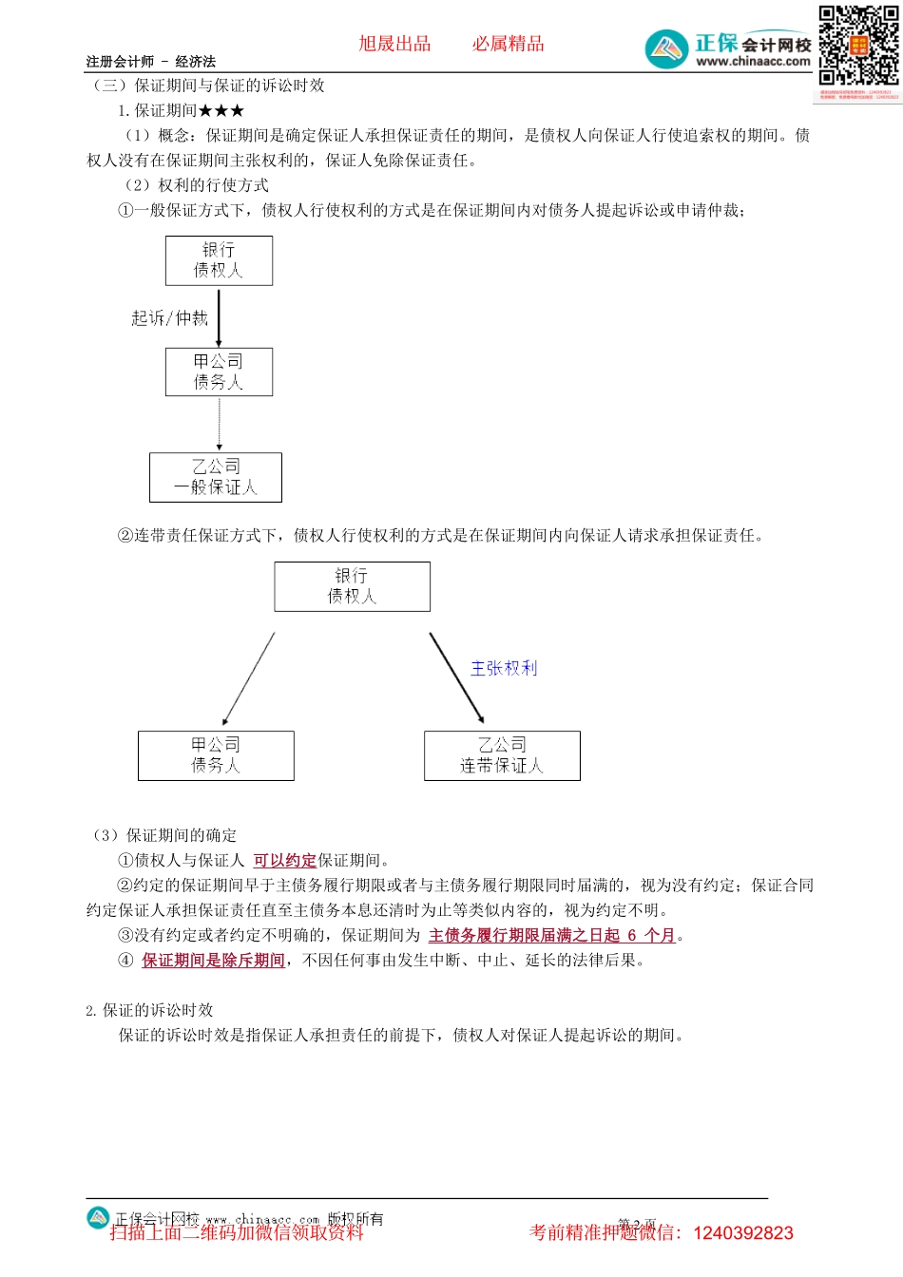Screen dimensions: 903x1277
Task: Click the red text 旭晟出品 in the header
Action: coord(394,44)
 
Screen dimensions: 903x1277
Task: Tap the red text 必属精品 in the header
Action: coord(508,44)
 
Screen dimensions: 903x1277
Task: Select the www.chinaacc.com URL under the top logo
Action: coord(753,62)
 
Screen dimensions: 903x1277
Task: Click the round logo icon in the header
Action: coord(666,48)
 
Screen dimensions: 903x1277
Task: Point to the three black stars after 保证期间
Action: coord(221,111)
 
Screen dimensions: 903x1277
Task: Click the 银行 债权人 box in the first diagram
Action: coord(219,260)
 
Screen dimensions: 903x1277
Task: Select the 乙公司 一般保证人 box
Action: coord(216,477)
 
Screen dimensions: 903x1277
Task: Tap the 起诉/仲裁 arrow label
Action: coord(169,318)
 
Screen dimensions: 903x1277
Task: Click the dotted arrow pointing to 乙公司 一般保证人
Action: coord(220,424)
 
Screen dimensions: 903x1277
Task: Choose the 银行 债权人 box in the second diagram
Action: coord(352,586)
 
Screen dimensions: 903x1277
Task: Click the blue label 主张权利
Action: coord(504,669)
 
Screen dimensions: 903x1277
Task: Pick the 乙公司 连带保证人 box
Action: coord(502,755)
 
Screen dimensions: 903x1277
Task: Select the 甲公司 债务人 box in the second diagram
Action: coord(216,755)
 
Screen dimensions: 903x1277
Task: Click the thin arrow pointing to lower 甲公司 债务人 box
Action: coord(248,679)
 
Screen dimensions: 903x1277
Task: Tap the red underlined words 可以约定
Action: coord(284,861)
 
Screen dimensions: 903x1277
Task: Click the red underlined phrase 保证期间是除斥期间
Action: coord(213,961)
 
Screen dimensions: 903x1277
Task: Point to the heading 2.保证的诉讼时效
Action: coord(149,1010)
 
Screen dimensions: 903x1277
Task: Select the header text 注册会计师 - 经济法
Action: coord(151,62)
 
